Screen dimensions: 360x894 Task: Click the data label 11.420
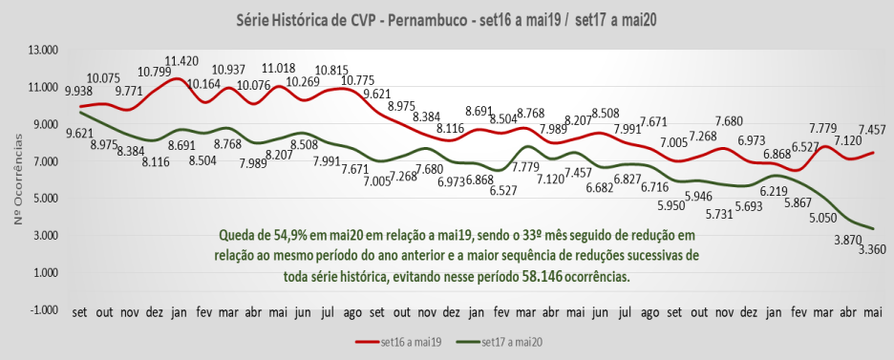181,60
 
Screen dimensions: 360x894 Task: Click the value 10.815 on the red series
331,70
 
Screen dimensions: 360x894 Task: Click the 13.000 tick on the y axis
43,50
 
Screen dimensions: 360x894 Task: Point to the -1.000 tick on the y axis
43,309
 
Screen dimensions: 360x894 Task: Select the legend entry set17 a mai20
512,341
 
